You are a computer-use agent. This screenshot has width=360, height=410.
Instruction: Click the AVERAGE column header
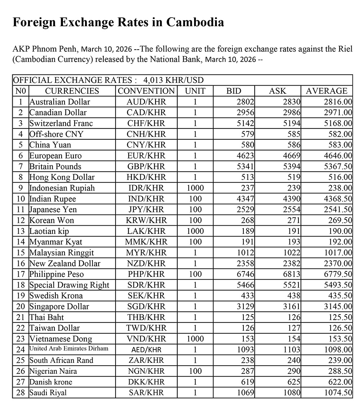click(x=327, y=91)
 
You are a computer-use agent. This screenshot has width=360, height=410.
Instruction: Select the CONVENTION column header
click(x=146, y=91)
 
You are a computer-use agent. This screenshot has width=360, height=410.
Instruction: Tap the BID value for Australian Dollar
click(x=246, y=102)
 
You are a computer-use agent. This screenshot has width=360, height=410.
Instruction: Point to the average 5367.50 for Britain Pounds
click(x=338, y=166)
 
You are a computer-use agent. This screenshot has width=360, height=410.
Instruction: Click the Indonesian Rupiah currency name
click(x=62, y=188)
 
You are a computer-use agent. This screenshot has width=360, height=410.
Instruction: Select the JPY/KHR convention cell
click(x=146, y=209)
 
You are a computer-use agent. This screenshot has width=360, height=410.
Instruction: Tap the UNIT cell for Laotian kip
click(x=195, y=231)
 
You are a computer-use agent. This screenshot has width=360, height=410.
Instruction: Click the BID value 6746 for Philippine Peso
click(x=246, y=274)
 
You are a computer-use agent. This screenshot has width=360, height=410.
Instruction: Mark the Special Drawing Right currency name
click(x=69, y=285)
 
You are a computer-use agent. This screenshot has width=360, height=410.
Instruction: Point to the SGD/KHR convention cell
click(x=146, y=307)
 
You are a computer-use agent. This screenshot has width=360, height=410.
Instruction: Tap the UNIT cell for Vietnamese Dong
click(x=195, y=339)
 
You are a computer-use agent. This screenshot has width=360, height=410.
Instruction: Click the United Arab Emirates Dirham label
click(x=68, y=348)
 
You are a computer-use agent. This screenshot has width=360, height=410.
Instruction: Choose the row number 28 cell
click(x=21, y=393)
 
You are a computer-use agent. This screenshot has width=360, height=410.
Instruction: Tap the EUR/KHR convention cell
click(x=146, y=156)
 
